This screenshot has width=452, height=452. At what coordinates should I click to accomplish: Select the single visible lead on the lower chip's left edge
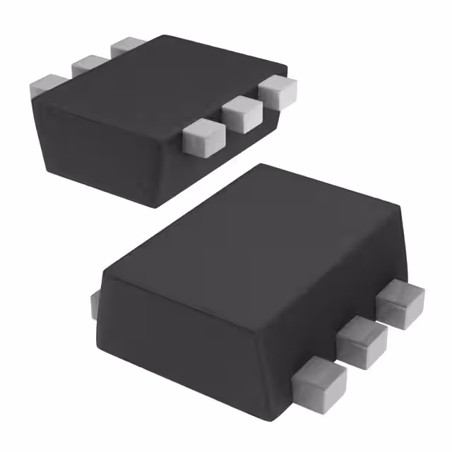tap(95, 304)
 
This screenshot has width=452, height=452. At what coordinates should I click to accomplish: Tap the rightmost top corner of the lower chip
tap(403, 206)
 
